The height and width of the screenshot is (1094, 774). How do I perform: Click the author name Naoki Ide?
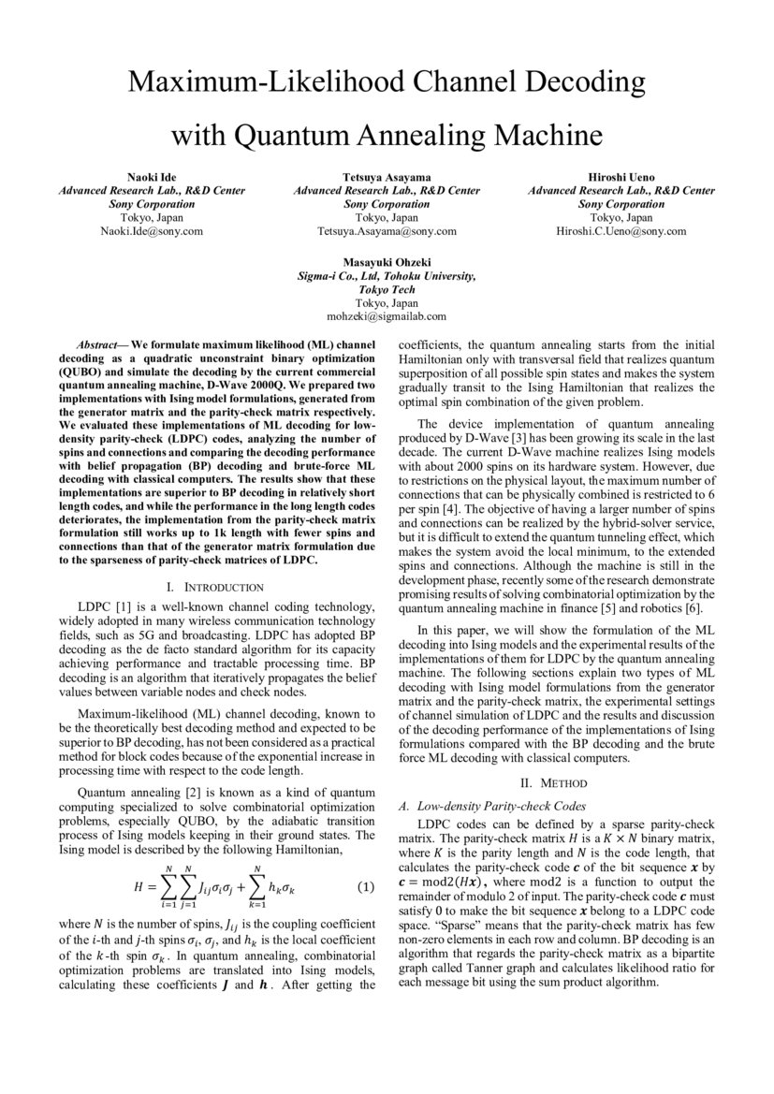click(x=153, y=177)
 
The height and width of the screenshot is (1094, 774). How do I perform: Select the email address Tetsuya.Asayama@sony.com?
click(x=387, y=230)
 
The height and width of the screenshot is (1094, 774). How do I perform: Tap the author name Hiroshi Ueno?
click(x=621, y=177)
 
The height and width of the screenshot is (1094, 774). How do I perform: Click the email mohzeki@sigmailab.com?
click(x=387, y=316)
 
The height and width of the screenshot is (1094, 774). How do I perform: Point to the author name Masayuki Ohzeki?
click(x=387, y=263)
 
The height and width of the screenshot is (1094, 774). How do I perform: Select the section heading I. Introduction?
click(x=214, y=587)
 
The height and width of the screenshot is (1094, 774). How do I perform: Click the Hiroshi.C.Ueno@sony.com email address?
click(x=621, y=230)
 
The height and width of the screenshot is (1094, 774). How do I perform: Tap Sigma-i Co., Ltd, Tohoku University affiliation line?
click(x=387, y=277)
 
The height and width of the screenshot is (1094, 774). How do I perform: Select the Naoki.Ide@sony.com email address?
click(x=153, y=230)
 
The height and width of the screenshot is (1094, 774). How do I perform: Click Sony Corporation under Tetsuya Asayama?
click(x=387, y=204)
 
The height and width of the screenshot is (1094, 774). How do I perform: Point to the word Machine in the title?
click(x=540, y=136)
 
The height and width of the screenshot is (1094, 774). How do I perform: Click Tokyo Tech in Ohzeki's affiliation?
click(x=387, y=290)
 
